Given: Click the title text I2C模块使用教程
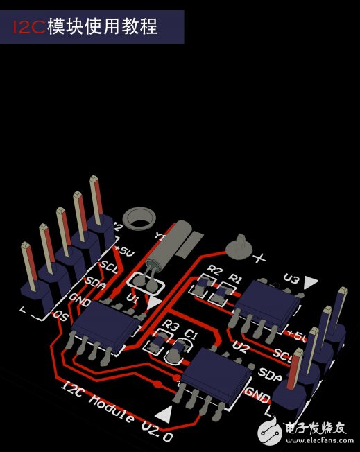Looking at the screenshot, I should coord(87,27).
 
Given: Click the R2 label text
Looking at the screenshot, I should coord(215,270).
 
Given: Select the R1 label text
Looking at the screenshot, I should coord(236,279).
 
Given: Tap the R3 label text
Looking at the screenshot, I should coord(171,326).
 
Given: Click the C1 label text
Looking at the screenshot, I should coord(191,335).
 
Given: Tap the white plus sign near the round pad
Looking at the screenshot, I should coord(261,259).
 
